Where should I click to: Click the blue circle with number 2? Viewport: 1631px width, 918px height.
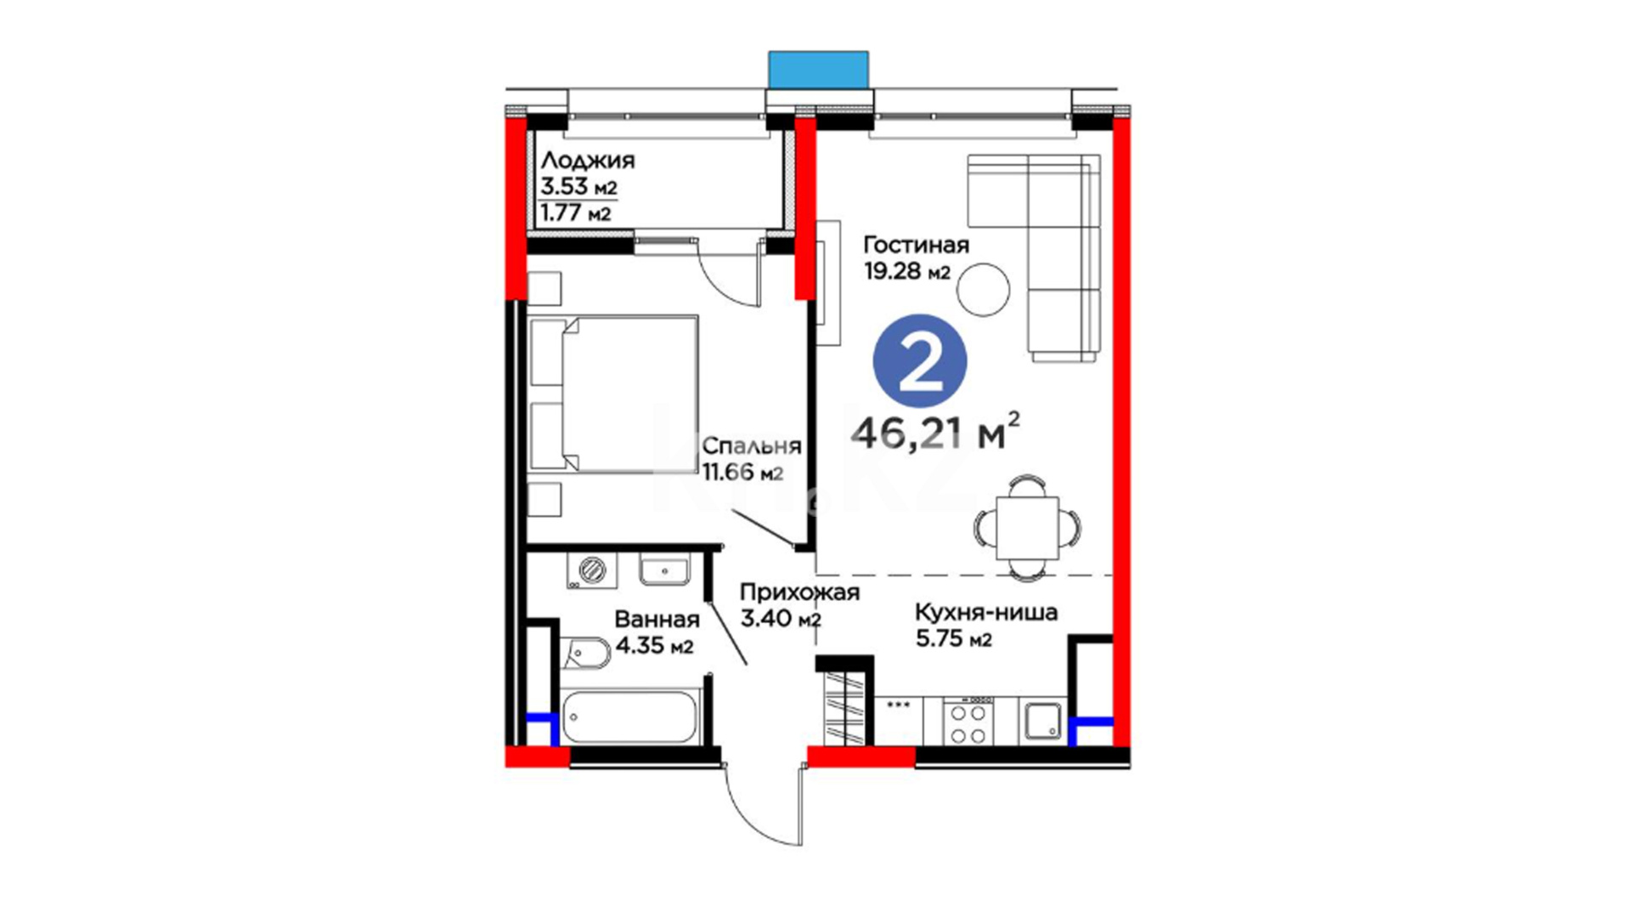tap(920, 361)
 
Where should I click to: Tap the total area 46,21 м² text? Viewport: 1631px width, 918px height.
tap(935, 432)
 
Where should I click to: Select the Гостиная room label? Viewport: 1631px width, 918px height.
tap(916, 245)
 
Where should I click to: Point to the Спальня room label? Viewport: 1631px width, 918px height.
tap(752, 445)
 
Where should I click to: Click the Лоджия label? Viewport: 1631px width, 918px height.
tap(588, 160)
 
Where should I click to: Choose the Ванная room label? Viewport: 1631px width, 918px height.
tap(657, 620)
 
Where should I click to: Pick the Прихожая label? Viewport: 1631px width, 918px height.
tap(799, 592)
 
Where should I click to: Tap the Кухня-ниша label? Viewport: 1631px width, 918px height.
tap(986, 612)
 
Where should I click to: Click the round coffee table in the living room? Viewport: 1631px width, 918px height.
tap(983, 290)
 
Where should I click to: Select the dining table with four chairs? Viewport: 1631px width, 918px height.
tap(1028, 528)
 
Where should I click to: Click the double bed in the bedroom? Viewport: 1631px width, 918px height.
tap(613, 393)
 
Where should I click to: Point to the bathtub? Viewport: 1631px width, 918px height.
tap(630, 717)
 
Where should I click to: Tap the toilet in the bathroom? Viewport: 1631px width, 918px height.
tap(585, 653)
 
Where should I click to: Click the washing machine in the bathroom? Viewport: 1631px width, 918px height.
tap(592, 569)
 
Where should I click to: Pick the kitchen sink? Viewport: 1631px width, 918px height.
tap(1042, 721)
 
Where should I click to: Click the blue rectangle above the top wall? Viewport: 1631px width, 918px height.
tap(818, 69)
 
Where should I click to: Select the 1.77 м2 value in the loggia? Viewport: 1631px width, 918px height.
tap(576, 212)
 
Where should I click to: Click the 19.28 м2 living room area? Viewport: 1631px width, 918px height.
tap(906, 271)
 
